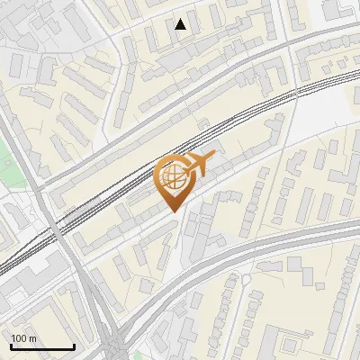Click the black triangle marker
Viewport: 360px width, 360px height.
pos(181,24)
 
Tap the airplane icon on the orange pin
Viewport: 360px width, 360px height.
pos(198,164)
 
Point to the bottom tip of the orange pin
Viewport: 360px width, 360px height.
pos(173,212)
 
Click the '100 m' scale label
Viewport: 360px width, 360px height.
pos(23,338)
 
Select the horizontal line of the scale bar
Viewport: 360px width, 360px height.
pos(41,346)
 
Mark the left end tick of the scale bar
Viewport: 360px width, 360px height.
pos(10,345)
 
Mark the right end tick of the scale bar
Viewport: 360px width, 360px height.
pos(73,345)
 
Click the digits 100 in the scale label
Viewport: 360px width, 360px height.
pos(20,338)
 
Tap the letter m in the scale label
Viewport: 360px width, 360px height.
pos(32,338)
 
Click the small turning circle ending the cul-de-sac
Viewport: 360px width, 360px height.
pos(244,279)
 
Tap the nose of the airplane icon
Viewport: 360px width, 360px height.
pos(214,156)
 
